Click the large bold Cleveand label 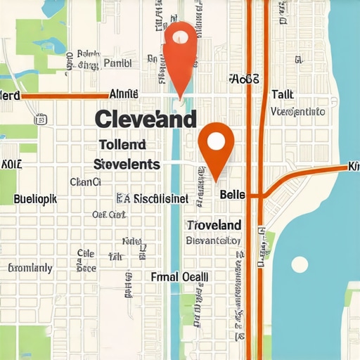point(145,119)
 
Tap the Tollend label point(122,144)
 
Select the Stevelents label point(127,165)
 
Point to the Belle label point(233,194)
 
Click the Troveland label point(214,225)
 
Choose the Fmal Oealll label point(179,277)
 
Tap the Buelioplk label point(35,199)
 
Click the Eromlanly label point(30,268)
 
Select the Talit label point(282,94)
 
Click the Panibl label point(117,63)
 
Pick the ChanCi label point(86,182)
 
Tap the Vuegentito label point(297,111)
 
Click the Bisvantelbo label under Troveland point(212,240)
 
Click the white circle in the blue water point(300,264)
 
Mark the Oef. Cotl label point(108,215)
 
